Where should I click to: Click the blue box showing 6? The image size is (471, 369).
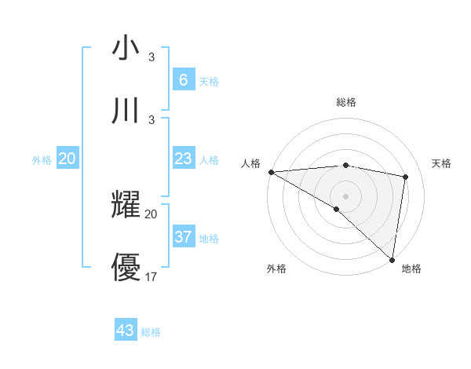coord(183,79)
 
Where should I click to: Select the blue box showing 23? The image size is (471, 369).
coord(183,159)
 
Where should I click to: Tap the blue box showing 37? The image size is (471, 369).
coord(183,236)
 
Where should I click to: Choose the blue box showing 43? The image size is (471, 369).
coord(126,331)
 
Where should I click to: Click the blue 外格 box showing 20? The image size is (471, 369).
coord(68,159)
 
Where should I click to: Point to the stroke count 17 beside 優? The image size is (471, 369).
coord(152,276)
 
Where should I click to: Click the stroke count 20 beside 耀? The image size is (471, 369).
coord(152,214)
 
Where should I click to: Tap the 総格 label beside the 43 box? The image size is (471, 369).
coord(151,332)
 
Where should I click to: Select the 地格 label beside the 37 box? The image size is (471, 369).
coord(209,238)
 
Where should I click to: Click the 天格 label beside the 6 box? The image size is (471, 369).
coord(209,81)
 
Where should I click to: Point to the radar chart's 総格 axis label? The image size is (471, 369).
coord(345,102)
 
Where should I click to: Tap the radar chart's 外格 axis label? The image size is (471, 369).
coord(276,269)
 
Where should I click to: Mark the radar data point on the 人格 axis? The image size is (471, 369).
coord(271,172)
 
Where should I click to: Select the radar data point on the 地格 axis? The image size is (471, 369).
coord(392,259)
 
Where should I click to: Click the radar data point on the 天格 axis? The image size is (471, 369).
coord(406,177)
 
